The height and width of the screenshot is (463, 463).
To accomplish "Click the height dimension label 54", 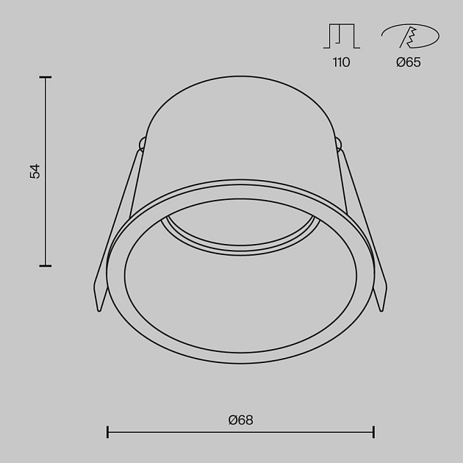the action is click(x=35, y=171).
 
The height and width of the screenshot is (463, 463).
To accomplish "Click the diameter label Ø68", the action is click(x=240, y=420).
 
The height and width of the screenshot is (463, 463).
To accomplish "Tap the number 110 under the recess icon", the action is click(x=341, y=62).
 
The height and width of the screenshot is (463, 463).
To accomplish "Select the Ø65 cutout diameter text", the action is click(x=409, y=62).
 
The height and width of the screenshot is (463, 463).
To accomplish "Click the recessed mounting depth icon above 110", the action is click(x=342, y=36).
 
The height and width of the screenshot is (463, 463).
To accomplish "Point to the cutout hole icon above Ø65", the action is click(x=410, y=36).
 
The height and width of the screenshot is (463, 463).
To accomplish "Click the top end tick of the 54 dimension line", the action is click(x=45, y=77).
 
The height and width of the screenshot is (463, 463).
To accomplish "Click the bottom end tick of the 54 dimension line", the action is click(x=45, y=266).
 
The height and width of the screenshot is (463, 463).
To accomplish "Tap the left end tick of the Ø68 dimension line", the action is click(x=107, y=432).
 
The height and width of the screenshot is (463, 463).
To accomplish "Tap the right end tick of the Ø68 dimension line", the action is click(x=374, y=432).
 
